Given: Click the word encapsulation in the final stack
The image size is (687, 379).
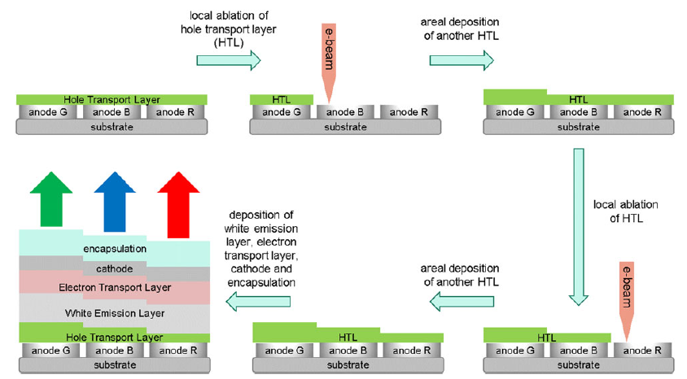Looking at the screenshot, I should click(114, 248).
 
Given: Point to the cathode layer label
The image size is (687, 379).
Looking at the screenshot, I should click(114, 268).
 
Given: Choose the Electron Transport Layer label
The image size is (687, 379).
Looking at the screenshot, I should click(114, 288).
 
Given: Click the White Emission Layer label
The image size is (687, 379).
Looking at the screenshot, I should click(114, 313).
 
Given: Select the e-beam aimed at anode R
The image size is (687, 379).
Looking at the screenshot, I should click(627, 301).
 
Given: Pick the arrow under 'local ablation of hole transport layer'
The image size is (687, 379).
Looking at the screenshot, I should click(228, 59).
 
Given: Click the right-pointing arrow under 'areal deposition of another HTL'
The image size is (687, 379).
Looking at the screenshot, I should click(461, 59).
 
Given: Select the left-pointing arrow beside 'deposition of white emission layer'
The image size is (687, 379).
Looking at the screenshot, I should click(260, 303).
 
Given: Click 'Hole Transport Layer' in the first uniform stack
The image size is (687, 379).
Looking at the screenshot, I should click(113, 99).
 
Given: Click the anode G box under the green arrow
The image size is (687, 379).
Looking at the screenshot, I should click(50, 351).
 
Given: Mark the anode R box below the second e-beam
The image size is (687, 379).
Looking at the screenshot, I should click(642, 351).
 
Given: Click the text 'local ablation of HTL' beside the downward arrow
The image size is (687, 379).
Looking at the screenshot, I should click(627, 211).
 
